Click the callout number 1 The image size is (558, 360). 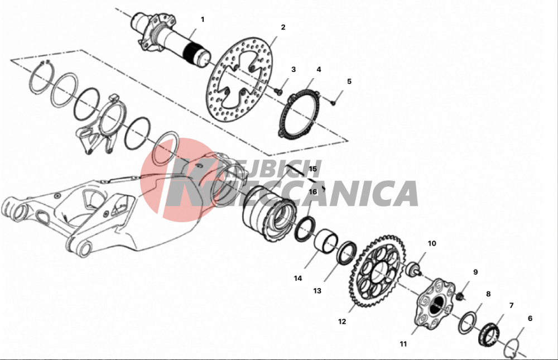pyautogui.click(x=203, y=19)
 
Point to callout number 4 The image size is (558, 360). pyautogui.click(x=319, y=69)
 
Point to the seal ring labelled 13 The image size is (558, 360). pyautogui.click(x=347, y=252)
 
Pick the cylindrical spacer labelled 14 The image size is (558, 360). pyautogui.click(x=326, y=241)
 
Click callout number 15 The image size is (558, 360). pyautogui.click(x=313, y=169)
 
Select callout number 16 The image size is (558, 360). pyautogui.click(x=313, y=192)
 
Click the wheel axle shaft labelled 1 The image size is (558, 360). pyautogui.click(x=171, y=40)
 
